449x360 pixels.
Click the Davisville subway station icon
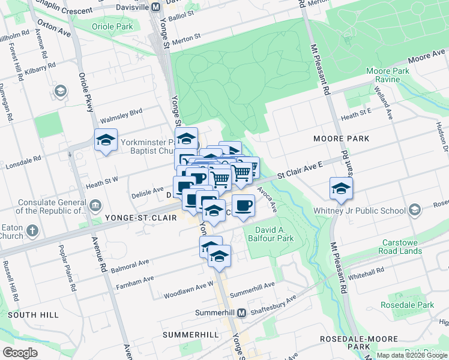tap(155, 7)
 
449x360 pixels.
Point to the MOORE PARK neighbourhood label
tap(340, 139)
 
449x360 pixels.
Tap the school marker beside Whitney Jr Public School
tap(341, 188)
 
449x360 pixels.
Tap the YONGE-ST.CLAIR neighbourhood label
tap(140, 218)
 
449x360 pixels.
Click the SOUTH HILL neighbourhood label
tap(33, 314)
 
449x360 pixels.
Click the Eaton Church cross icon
tap(32, 230)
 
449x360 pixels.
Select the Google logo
tap(20, 352)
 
